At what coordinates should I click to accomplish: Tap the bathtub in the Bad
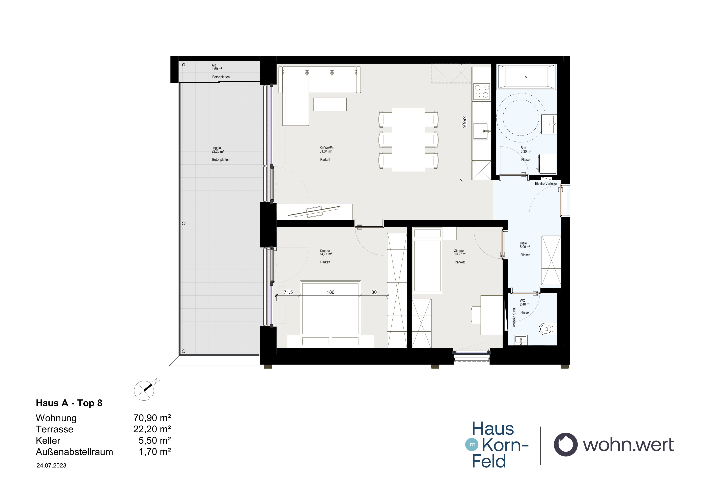tap(526, 77)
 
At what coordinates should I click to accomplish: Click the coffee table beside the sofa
tap(330, 104)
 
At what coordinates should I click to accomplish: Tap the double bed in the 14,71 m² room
tap(330, 314)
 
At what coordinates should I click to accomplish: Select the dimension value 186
tap(330, 292)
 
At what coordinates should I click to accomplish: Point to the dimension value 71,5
tap(288, 292)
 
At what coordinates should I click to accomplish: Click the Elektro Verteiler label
tap(546, 184)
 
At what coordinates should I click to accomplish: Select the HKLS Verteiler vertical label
tap(513, 317)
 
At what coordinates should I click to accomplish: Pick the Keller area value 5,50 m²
tap(154, 440)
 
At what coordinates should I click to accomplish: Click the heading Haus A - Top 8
tap(69, 403)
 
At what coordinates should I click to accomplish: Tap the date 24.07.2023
tap(51, 465)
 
